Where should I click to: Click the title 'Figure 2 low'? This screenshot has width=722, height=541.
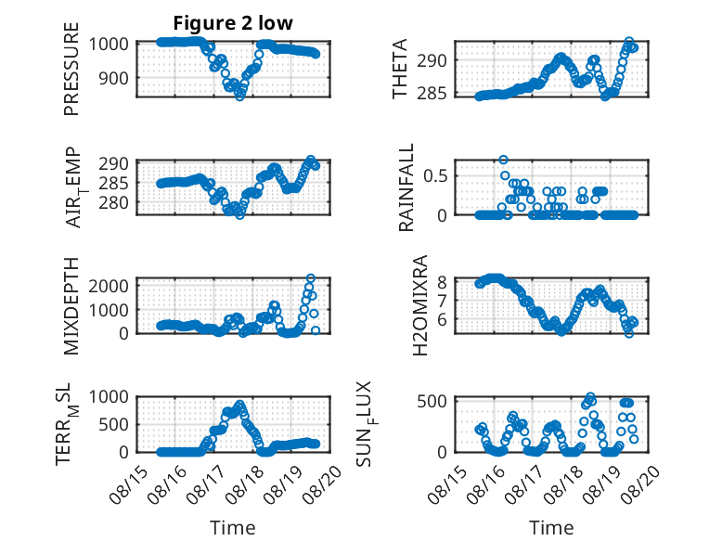pyautogui.click(x=233, y=23)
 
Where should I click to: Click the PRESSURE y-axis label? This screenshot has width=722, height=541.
pyautogui.click(x=71, y=69)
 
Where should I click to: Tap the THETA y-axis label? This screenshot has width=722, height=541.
pyautogui.click(x=400, y=69)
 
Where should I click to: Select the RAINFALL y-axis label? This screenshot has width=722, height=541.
pyautogui.click(x=406, y=187)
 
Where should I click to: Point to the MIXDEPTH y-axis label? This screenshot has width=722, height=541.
pyautogui.click(x=71, y=306)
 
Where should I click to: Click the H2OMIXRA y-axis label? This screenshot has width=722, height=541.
pyautogui.click(x=420, y=305)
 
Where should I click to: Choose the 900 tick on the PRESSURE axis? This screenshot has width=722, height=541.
pyautogui.click(x=114, y=78)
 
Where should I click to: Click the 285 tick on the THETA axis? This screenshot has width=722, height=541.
pyautogui.click(x=432, y=94)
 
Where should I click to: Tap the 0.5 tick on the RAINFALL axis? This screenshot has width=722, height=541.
pyautogui.click(x=435, y=176)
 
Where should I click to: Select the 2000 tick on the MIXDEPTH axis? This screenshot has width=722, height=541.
pyautogui.click(x=109, y=286)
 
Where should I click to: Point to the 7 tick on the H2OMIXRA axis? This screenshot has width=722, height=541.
pyautogui.click(x=442, y=301)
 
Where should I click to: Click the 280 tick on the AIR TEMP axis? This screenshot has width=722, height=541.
pyautogui.click(x=114, y=202)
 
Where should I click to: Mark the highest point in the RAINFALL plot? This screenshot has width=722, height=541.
pyautogui.click(x=503, y=160)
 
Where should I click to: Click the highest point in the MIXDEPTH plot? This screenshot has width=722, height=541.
pyautogui.click(x=311, y=278)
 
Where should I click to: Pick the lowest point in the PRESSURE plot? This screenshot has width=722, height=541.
pyautogui.click(x=239, y=97)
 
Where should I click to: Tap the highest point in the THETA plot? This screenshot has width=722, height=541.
pyautogui.click(x=629, y=42)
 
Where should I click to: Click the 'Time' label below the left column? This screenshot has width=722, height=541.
pyautogui.click(x=233, y=528)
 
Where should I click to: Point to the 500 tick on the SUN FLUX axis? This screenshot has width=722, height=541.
pyautogui.click(x=432, y=401)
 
